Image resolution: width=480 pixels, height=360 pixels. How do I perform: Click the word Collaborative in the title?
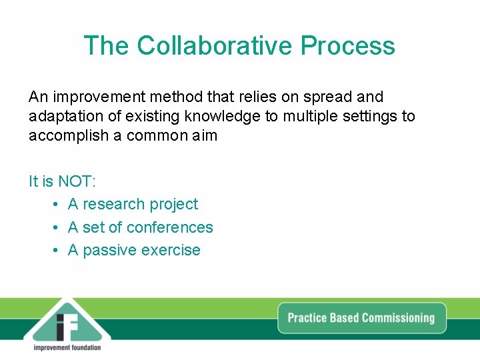pos(215,46)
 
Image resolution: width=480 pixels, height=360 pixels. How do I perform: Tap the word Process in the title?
pos(347,46)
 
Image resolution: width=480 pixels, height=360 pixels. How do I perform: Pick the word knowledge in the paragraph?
pos(223,117)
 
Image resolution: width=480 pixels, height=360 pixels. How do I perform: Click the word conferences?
pos(169,228)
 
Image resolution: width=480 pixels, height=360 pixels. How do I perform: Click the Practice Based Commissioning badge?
pos(361,318)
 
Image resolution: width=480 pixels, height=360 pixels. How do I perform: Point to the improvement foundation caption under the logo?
pos(67,347)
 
